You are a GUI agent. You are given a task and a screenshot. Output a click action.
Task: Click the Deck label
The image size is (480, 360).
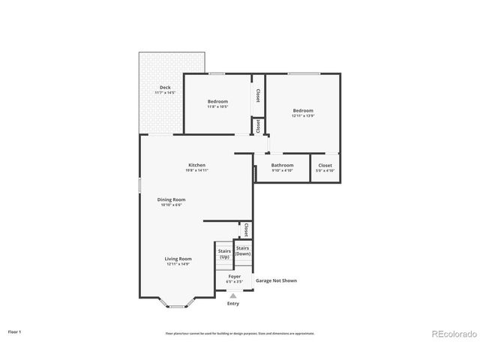[x=164, y=88]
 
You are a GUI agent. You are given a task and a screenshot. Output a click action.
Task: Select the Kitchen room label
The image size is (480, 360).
[x=196, y=165]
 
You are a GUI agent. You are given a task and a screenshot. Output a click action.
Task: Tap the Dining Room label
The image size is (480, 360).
[x=171, y=199]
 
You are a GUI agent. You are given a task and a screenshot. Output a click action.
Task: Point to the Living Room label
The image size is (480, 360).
[x=178, y=259]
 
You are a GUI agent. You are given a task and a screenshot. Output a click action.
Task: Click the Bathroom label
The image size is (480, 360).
[x=282, y=165]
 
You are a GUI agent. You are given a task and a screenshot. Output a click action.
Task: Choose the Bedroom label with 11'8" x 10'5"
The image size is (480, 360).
[x=217, y=101]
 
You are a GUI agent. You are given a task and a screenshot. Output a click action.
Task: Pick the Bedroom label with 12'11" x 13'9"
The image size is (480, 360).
[x=303, y=110]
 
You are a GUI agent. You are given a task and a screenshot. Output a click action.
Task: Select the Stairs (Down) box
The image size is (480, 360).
[x=243, y=250]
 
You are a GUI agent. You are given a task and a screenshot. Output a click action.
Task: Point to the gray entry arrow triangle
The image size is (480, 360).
[x=232, y=296]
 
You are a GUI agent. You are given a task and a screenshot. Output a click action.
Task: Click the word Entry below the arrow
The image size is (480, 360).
[x=232, y=303]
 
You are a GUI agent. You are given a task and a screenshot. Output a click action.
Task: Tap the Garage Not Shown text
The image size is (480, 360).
[x=276, y=280]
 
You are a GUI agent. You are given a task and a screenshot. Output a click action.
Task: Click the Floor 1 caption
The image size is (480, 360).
[x=15, y=331]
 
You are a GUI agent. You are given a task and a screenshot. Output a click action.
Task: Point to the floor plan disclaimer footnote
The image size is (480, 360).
[x=239, y=333]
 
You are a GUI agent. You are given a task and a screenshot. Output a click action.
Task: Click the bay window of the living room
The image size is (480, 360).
[x=178, y=305]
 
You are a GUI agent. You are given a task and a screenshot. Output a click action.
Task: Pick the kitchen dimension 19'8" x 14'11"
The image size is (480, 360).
[x=196, y=171]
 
